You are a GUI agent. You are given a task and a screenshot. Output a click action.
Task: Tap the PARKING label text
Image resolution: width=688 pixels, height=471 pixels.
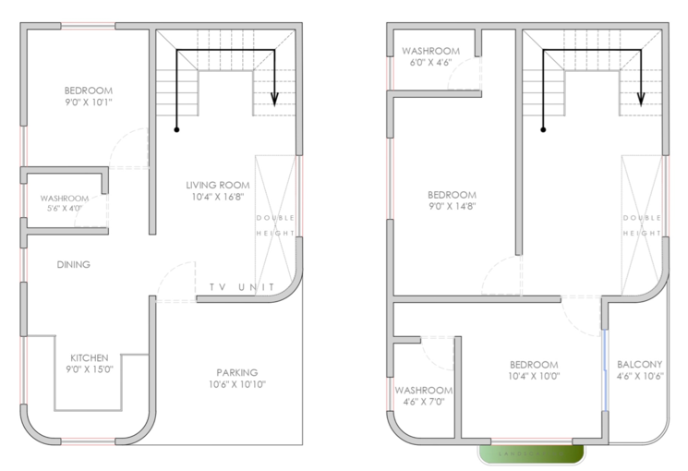237,372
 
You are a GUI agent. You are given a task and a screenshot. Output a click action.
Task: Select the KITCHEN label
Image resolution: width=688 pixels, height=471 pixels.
90,357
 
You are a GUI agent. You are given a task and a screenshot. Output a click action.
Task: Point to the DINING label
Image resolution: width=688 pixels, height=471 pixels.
73,265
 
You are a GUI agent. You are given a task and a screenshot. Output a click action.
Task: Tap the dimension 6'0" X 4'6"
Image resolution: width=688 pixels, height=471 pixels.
429,63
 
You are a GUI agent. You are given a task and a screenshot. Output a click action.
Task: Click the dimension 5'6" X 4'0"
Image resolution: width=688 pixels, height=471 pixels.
64,210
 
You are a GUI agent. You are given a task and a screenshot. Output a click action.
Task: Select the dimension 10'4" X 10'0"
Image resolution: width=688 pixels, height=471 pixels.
534,376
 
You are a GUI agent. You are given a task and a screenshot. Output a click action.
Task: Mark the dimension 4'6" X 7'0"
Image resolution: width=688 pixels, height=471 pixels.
424,402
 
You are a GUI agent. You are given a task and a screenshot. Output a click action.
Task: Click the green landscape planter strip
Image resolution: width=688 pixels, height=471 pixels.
531,453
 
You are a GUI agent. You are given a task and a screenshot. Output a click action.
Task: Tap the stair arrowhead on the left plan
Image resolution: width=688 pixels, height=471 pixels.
273,101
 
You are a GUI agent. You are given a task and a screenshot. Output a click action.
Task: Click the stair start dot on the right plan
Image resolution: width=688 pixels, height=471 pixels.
543,129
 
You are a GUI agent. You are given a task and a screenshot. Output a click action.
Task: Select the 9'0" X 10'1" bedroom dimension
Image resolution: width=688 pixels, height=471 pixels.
89,103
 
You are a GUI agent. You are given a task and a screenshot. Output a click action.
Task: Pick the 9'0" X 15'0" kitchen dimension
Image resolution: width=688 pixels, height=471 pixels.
90,369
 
